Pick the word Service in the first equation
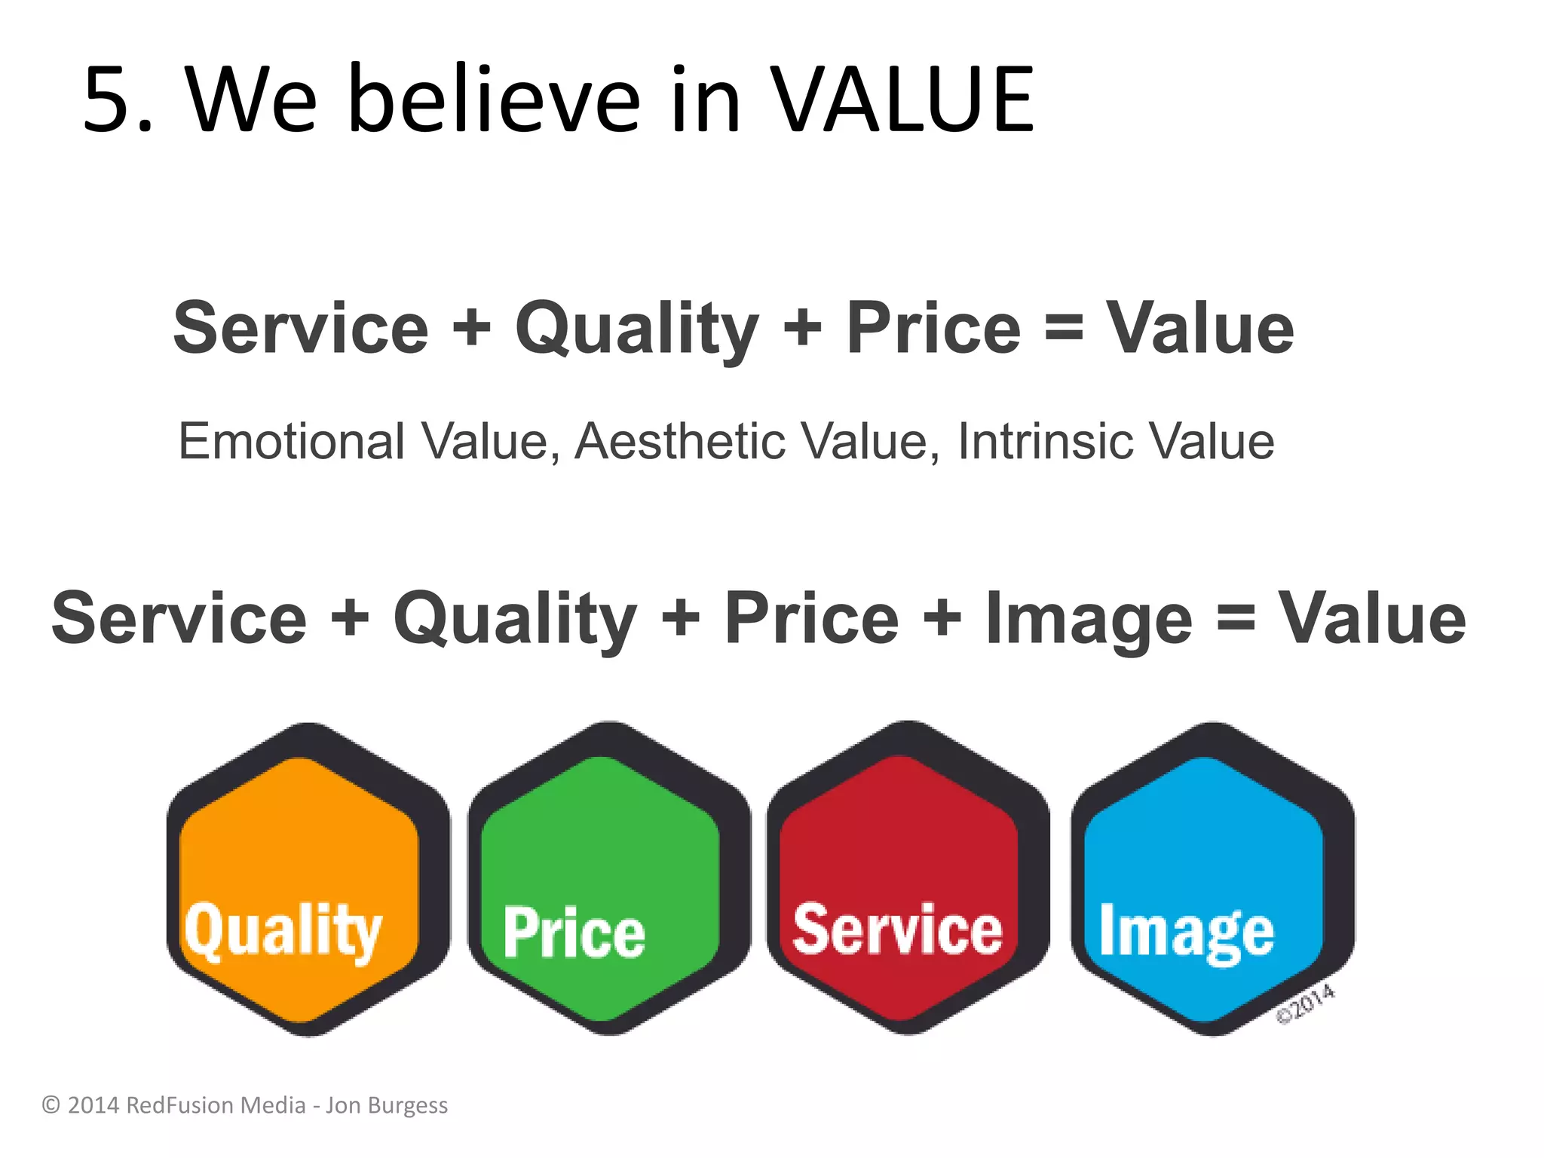pos(301,328)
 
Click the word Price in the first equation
pos(933,328)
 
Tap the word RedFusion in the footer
pos(178,1105)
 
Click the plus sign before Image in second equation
pos(942,618)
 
